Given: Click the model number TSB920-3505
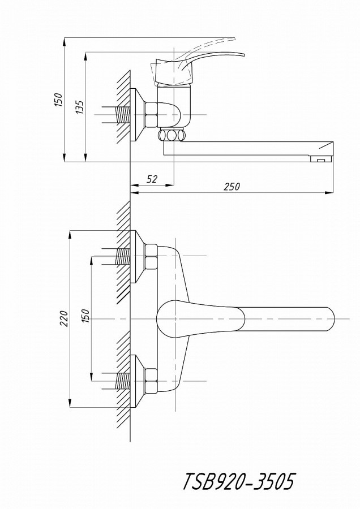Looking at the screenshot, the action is point(239,481).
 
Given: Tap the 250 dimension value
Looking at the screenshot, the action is point(232,187).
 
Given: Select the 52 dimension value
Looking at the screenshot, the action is point(152,179).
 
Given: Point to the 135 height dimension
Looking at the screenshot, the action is point(80,107).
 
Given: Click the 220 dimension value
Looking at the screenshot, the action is point(64,318).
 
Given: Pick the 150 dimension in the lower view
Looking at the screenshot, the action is point(84,316).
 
